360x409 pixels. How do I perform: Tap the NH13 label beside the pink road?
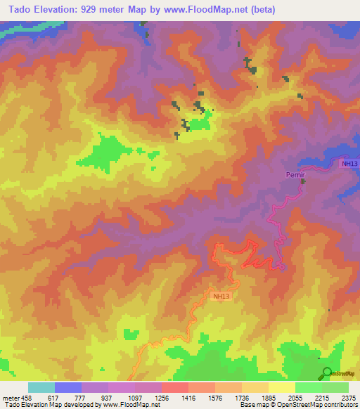pyautogui.click(x=349, y=164)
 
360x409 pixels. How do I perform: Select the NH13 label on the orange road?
pyautogui.click(x=221, y=297)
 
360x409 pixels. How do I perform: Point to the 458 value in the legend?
pyautogui.click(x=22, y=398)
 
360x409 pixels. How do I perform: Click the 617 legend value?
pyautogui.click(x=52, y=398)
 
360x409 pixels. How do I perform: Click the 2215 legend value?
pyautogui.click(x=322, y=398)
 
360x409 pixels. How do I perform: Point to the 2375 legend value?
pyautogui.click(x=349, y=398)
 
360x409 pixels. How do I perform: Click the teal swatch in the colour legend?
pyautogui.click(x=41, y=387)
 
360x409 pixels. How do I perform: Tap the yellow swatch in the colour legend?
pyautogui.click(x=282, y=387)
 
